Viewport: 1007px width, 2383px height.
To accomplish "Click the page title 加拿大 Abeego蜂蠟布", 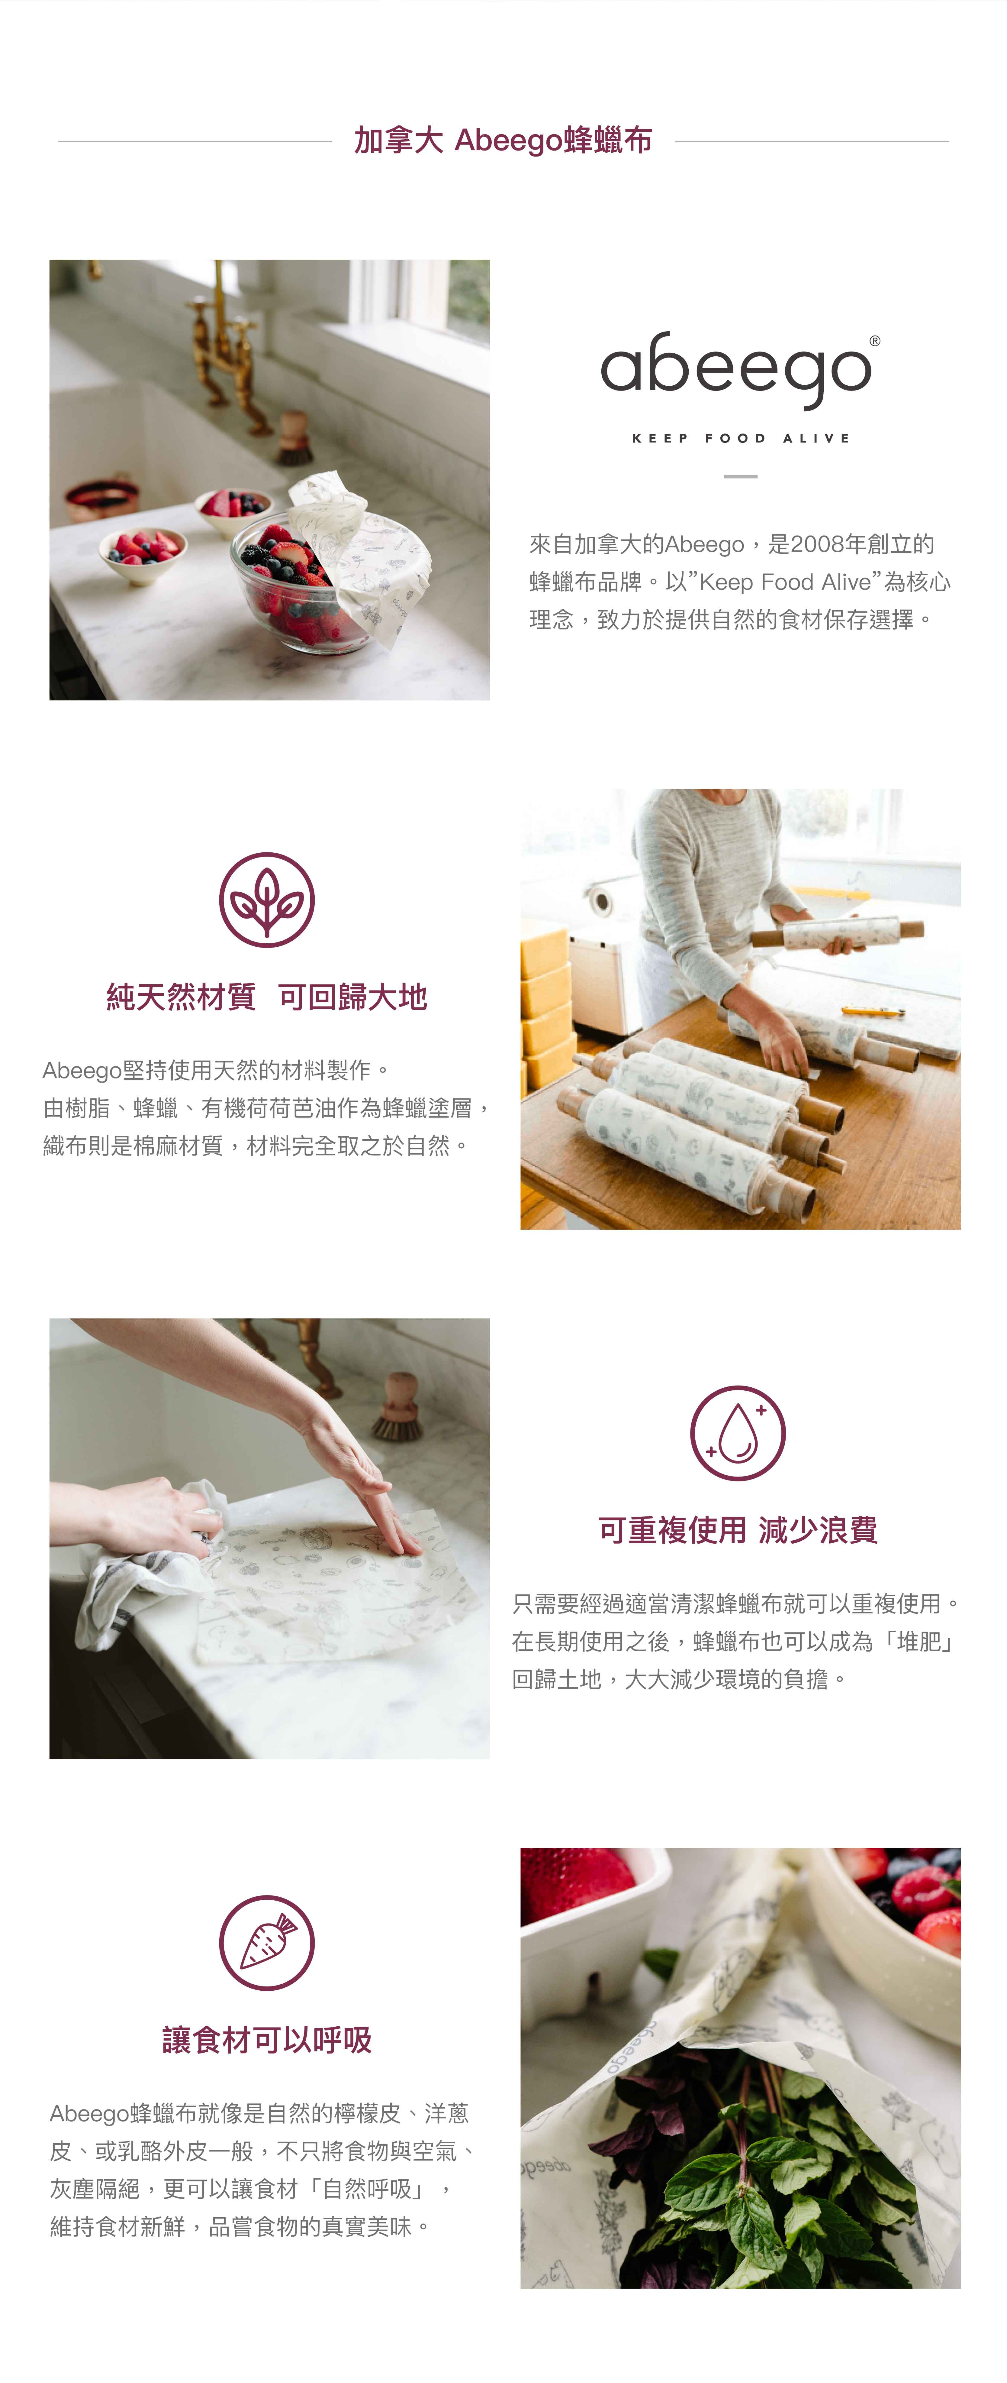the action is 503,141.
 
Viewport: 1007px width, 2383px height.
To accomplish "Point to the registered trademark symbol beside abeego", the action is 875,341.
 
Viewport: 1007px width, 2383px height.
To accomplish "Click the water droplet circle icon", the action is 738,1433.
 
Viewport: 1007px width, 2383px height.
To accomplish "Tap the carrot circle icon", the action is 266,1943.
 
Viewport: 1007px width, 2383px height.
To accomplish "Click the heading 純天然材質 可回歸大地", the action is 266,997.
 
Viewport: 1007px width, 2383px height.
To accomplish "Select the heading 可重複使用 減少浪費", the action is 738,1530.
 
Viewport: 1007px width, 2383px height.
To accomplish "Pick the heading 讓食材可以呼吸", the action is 266,2040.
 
